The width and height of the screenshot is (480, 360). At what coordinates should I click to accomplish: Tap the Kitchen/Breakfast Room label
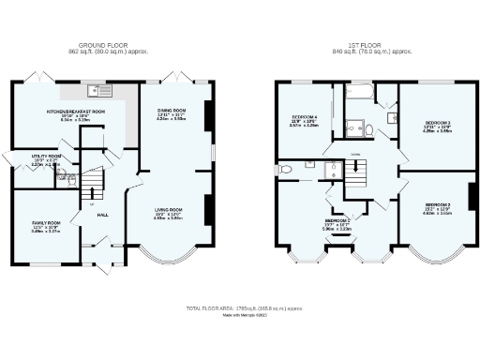75,112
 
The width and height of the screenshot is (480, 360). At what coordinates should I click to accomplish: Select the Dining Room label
172,112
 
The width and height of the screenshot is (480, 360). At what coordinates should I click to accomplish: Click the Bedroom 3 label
438,125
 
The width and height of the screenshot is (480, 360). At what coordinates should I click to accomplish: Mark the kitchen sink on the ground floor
95,92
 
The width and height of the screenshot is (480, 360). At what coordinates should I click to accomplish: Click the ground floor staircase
94,184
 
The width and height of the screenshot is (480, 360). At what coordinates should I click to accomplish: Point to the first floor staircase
357,169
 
